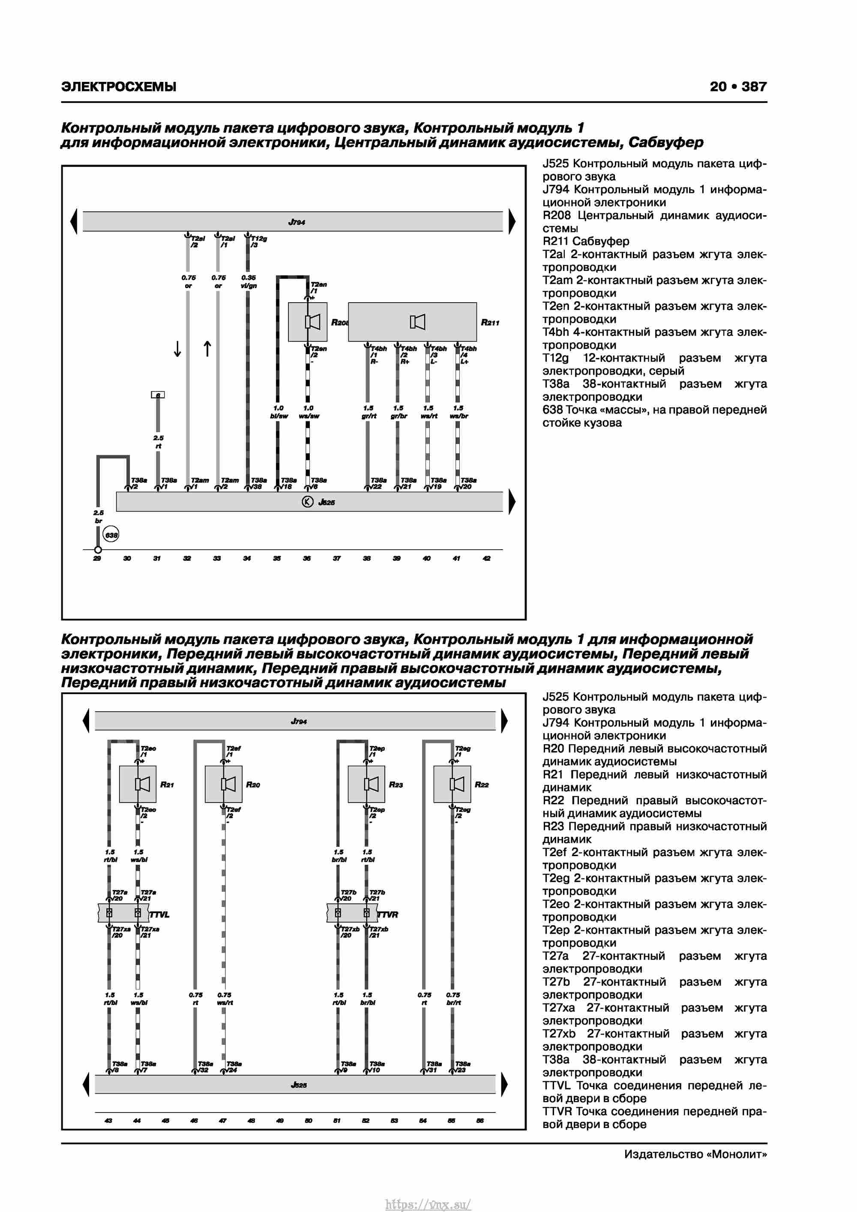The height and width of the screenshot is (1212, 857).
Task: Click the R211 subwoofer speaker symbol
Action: [x=417, y=322]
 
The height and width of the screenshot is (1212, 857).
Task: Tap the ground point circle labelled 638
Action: [x=111, y=535]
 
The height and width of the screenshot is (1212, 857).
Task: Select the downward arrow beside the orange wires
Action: [x=178, y=349]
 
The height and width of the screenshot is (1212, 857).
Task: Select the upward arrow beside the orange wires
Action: [x=207, y=349]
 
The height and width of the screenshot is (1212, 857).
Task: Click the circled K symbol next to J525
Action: [x=307, y=502]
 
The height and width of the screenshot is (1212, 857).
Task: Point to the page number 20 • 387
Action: [x=738, y=87]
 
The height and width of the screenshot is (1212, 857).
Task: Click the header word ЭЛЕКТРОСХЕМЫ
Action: [x=119, y=87]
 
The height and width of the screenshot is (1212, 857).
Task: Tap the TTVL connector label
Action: [x=159, y=915]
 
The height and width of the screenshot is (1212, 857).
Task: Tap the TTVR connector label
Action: [x=388, y=915]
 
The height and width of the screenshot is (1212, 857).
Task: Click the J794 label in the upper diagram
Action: [x=297, y=222]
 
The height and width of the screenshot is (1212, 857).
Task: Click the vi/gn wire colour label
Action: [x=249, y=286]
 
